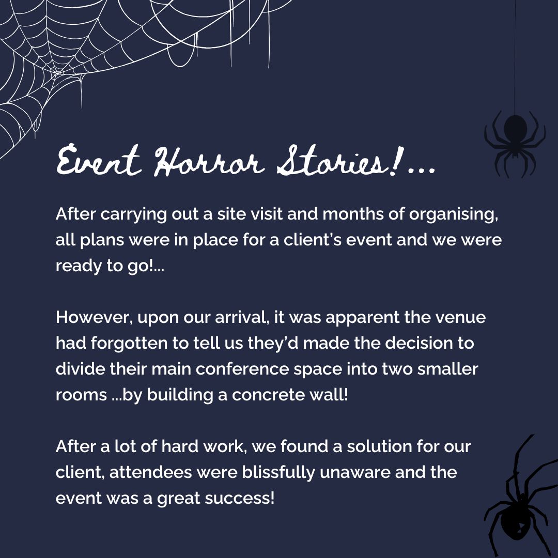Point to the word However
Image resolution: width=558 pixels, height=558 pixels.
(x=95, y=317)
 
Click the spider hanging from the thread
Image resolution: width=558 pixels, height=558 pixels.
(x=514, y=135)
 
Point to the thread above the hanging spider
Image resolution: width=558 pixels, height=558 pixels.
(x=515, y=52)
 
